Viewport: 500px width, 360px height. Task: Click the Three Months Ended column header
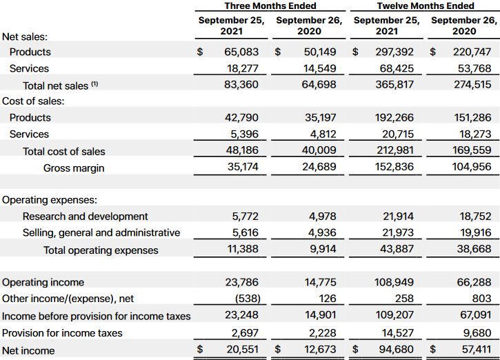click(x=270, y=6)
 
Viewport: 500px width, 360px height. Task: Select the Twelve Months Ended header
click(x=425, y=6)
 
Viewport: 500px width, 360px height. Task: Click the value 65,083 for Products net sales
click(x=241, y=52)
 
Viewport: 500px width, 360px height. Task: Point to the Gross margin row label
click(x=74, y=168)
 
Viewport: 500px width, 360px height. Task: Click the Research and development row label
click(x=85, y=217)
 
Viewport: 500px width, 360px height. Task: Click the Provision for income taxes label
click(x=62, y=333)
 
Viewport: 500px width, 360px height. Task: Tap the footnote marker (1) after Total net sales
click(x=95, y=84)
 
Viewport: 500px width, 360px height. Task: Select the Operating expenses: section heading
click(x=50, y=200)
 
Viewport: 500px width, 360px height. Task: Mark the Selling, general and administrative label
click(x=101, y=233)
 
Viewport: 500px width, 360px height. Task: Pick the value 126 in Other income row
click(x=328, y=299)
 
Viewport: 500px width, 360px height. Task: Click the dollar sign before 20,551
click(x=201, y=350)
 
